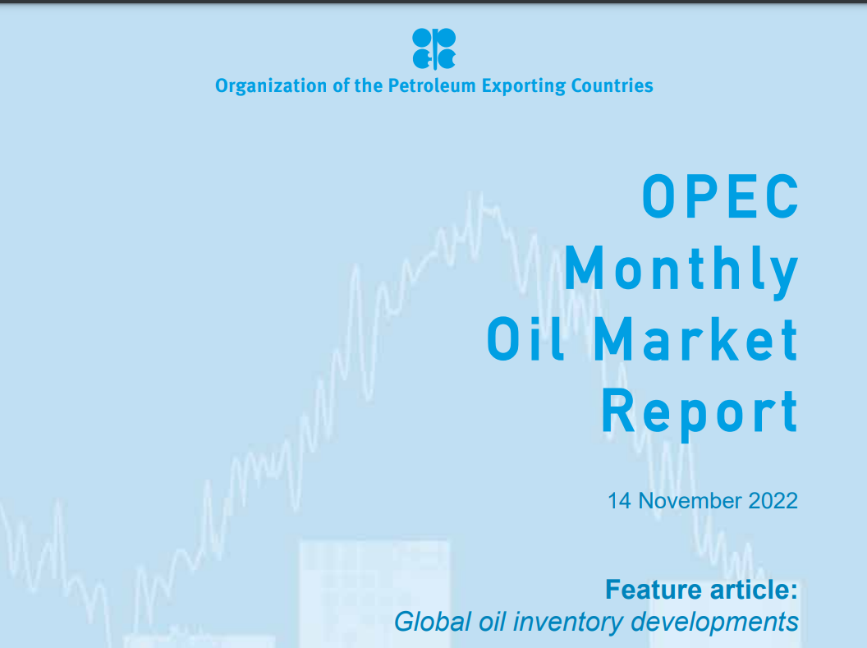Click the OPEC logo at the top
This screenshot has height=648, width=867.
tap(433, 48)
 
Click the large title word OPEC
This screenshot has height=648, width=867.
tap(720, 197)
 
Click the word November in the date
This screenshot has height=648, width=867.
tap(688, 501)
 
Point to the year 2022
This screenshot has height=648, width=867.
tap(773, 501)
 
